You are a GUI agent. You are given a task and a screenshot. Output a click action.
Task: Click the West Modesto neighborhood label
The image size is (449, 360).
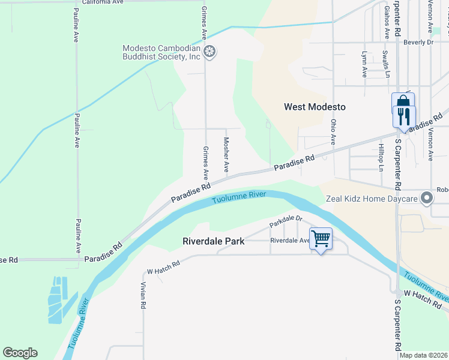pyautogui.click(x=315, y=107)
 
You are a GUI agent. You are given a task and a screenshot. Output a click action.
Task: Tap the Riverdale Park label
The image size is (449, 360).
pyautogui.click(x=214, y=242)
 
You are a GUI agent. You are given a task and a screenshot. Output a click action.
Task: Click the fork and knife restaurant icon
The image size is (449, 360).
pyautogui.click(x=404, y=115)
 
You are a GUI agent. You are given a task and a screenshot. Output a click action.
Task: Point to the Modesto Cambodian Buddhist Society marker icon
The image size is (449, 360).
pyautogui.click(x=209, y=52)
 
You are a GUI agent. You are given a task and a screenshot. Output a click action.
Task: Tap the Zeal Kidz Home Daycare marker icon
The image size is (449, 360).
pyautogui.click(x=427, y=198)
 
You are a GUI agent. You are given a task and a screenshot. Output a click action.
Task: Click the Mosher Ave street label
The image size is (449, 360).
pyautogui.click(x=226, y=155)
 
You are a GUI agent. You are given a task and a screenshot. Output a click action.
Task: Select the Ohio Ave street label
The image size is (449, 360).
pyautogui.click(x=333, y=131)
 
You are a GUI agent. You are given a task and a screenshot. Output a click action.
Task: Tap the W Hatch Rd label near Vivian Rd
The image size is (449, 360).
pyautogui.click(x=164, y=263)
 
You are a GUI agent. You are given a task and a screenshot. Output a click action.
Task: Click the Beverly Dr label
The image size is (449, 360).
pyautogui.click(x=418, y=42)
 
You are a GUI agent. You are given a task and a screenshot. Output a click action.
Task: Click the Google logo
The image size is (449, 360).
pyautogui.click(x=20, y=353)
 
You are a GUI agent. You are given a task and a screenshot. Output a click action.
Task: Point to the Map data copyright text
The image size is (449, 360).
pyautogui.click(x=424, y=355)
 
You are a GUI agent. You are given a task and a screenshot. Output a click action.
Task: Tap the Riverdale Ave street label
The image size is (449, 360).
pyautogui.click(x=289, y=240)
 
